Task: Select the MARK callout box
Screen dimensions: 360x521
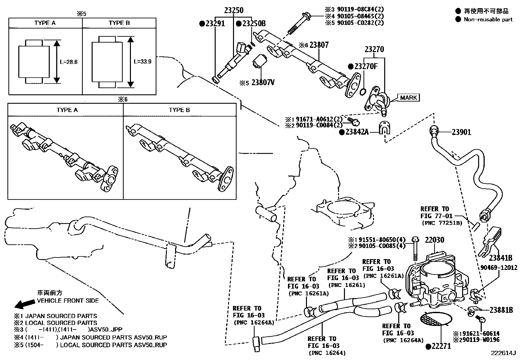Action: (408, 98)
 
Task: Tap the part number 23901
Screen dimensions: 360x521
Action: (461, 132)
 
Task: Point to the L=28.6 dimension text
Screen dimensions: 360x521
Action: (68, 62)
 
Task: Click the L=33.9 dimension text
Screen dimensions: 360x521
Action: (143, 62)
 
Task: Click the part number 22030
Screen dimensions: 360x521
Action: (435, 240)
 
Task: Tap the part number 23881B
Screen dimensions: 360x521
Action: (501, 310)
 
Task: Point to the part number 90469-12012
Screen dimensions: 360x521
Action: (499, 268)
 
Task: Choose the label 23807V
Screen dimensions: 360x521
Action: (263, 83)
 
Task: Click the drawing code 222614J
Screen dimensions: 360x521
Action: (503, 353)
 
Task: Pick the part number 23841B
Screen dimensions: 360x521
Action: (501, 257)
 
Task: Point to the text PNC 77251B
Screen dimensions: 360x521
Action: (441, 223)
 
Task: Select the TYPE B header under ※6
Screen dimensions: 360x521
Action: (179, 110)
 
